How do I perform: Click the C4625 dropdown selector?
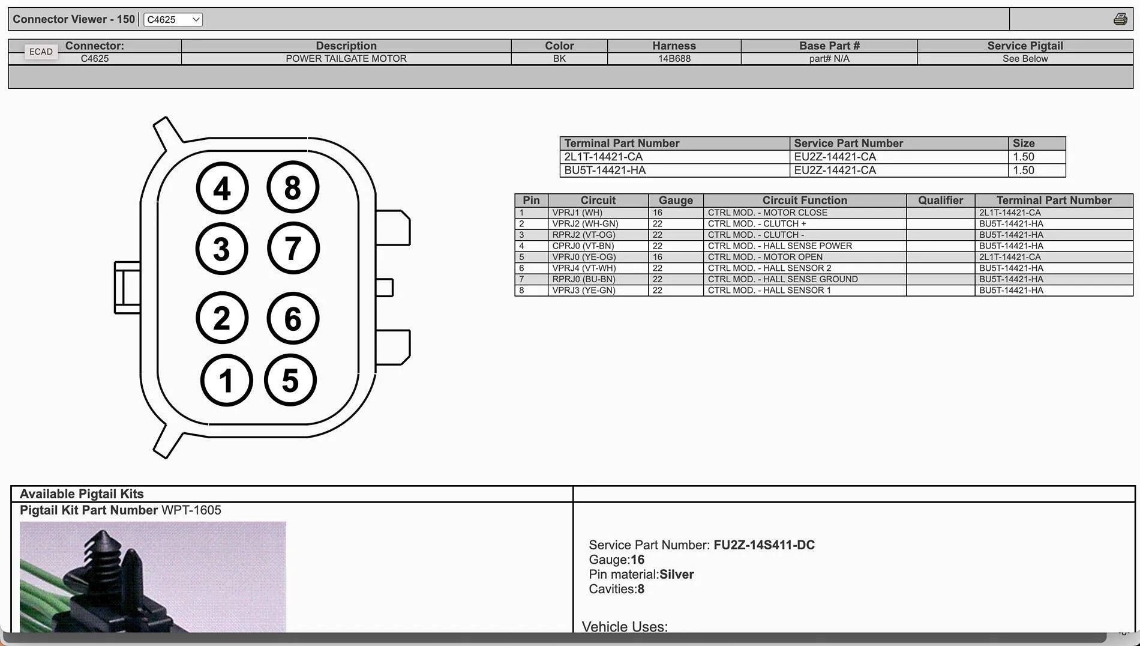[173, 19]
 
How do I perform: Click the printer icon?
[1120, 19]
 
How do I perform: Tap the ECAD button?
[41, 52]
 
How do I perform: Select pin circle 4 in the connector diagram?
[222, 189]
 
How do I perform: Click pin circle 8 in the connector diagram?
[293, 187]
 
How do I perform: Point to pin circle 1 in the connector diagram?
[226, 380]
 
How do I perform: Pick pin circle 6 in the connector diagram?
[293, 318]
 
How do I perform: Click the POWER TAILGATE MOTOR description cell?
[346, 59]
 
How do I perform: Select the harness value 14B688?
[674, 59]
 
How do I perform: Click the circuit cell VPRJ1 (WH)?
[577, 213]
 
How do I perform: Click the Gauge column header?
[676, 201]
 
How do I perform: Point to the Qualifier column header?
[940, 201]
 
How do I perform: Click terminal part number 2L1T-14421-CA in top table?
[603, 157]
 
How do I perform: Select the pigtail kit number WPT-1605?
[191, 510]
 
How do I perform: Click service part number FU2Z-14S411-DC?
[764, 545]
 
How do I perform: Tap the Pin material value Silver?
[676, 575]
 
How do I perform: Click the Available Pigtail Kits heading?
[82, 494]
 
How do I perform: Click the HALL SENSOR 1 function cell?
[769, 291]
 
